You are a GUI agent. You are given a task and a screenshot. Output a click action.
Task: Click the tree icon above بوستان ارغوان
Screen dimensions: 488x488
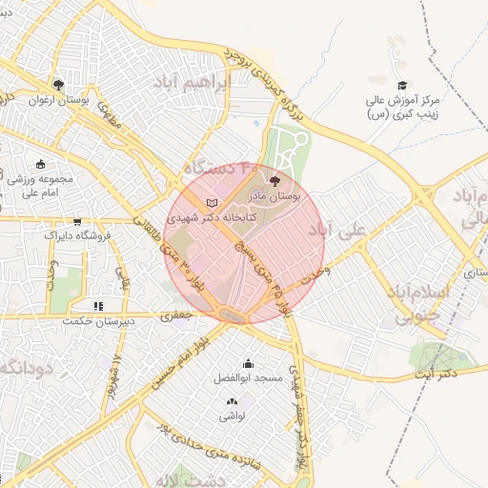58,85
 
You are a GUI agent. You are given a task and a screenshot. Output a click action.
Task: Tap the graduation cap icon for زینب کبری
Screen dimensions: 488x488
401,86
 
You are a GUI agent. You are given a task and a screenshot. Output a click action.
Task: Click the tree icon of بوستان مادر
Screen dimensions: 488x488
275,179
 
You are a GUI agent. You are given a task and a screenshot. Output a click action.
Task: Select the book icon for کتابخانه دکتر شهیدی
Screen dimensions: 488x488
212,202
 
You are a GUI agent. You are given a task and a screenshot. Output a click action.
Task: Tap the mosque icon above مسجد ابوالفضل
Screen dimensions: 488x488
249,363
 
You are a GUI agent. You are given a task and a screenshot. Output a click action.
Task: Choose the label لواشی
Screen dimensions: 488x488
234,417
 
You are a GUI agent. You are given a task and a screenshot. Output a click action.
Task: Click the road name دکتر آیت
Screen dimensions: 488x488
437,375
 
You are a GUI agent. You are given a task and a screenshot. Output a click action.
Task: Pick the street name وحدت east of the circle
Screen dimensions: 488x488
314,274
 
